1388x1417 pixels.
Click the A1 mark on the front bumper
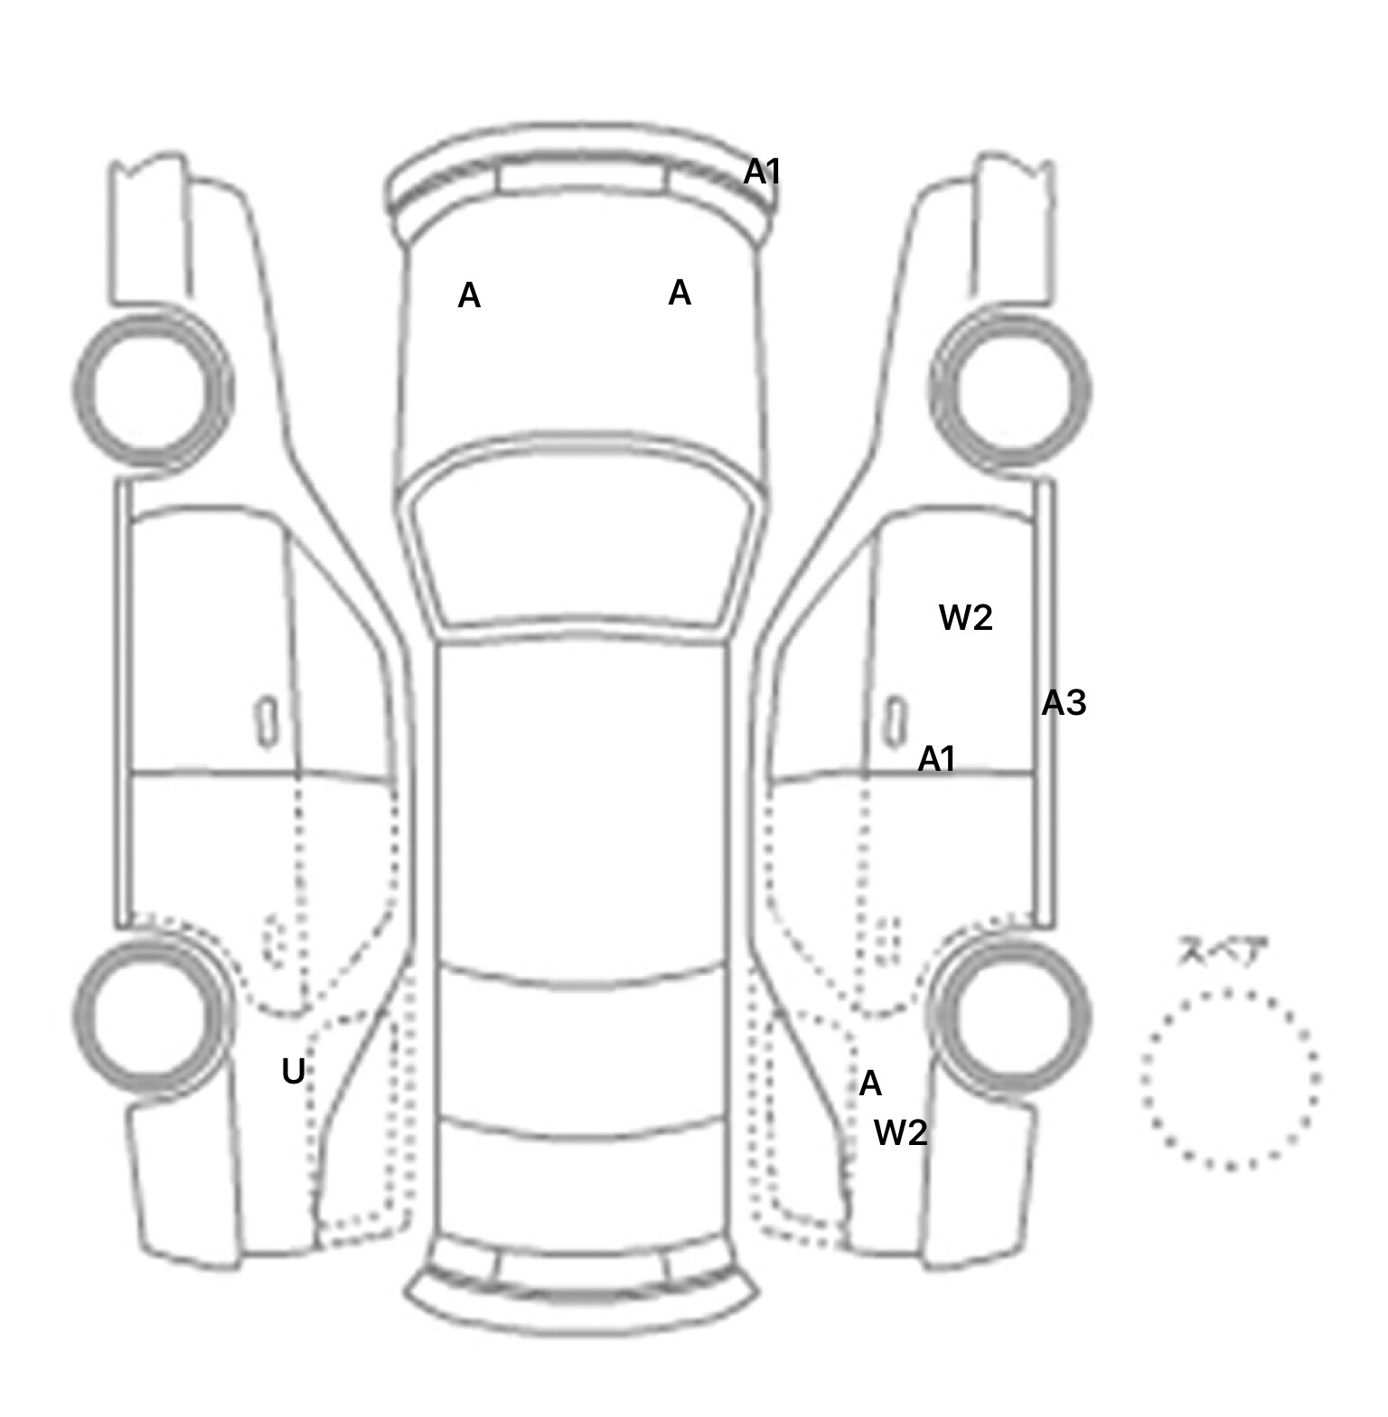762,172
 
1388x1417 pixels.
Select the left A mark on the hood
469,296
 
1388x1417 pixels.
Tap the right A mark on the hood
680,293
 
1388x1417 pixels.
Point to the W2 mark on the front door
966,618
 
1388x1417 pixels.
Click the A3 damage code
1064,703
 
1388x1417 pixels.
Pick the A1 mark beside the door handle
936,760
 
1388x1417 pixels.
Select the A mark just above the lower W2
869,1084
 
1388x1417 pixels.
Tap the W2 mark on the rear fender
901,1132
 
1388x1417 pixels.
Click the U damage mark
293,1072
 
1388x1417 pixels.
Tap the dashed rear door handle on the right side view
889,942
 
